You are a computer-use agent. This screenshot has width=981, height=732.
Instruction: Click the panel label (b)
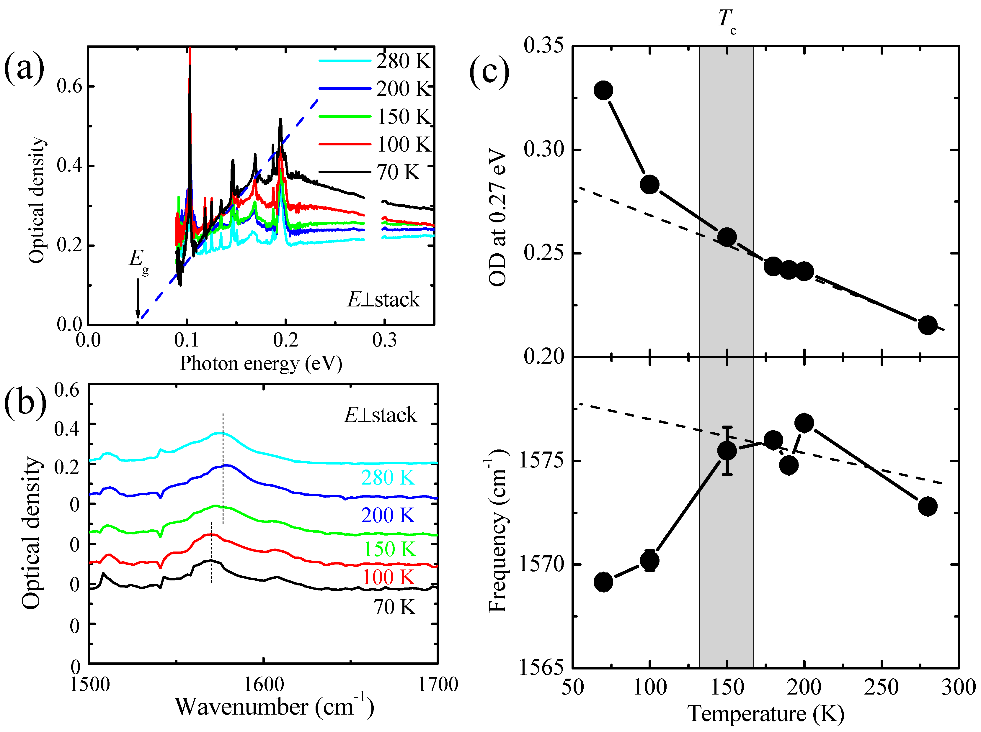pyautogui.click(x=25, y=404)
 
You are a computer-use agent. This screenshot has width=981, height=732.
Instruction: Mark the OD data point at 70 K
pyautogui.click(x=603, y=90)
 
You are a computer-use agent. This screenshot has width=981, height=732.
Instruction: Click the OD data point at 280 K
pyautogui.click(x=927, y=325)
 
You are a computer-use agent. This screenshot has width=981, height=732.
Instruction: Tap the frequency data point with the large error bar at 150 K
pyautogui.click(x=727, y=451)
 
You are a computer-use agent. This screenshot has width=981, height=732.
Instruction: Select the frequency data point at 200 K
pyautogui.click(x=804, y=423)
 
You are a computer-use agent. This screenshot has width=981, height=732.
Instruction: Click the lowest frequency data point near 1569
pyautogui.click(x=603, y=582)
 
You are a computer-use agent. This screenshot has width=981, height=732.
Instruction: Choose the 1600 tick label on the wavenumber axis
pyautogui.click(x=264, y=684)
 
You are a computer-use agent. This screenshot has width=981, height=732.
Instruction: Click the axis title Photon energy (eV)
pyautogui.click(x=261, y=363)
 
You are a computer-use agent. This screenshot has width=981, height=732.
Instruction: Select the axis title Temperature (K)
pyautogui.click(x=765, y=714)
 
